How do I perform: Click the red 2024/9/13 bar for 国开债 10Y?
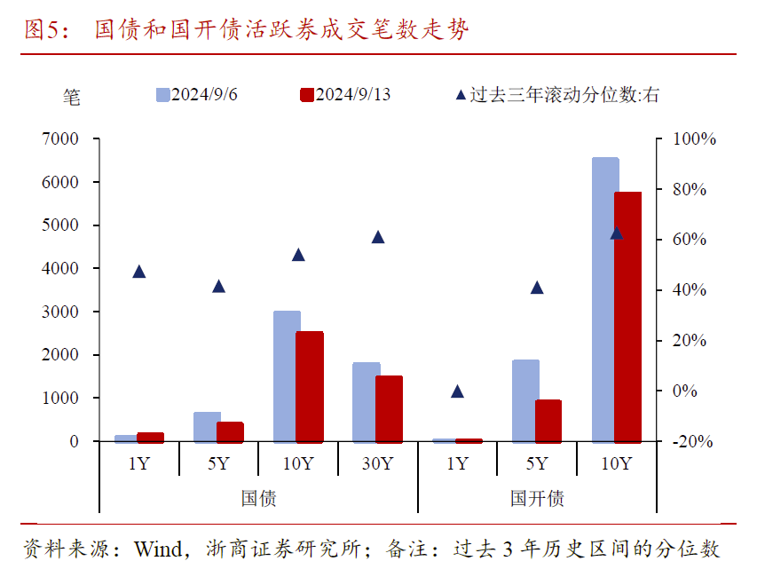pos(627,317)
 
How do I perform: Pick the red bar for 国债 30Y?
pos(389,408)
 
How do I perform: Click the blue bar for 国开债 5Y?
pos(524,400)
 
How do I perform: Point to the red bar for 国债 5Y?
pos(230,431)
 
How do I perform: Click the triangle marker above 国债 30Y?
pos(378,237)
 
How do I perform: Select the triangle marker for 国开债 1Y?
pos(457,391)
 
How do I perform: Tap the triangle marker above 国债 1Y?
pos(139,272)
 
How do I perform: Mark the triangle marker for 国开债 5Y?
pos(537,287)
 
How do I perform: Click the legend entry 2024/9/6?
pos(197,95)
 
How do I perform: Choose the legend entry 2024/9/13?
pos(346,95)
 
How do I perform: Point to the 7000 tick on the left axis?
pos(60,139)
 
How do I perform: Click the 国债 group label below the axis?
pos(258,498)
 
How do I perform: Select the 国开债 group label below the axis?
pos(537,498)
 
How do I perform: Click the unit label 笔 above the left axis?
pos(72,97)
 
